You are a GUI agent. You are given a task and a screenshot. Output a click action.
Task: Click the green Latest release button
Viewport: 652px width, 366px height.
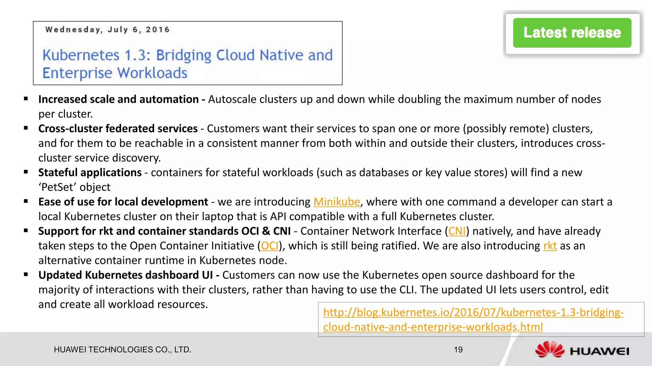572,33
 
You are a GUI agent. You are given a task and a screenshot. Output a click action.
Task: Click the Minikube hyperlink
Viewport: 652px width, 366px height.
337,202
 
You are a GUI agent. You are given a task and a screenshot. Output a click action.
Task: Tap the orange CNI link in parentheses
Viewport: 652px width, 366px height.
457,231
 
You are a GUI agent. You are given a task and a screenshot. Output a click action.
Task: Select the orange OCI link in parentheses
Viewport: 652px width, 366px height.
270,246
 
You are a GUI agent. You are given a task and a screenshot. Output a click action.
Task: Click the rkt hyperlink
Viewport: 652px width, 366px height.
550,246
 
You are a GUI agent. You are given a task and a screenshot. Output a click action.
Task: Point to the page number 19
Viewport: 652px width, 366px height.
458,350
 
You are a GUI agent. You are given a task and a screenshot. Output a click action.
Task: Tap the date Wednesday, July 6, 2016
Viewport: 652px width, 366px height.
107,30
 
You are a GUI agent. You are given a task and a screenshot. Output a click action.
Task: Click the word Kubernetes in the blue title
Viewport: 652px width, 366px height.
81,55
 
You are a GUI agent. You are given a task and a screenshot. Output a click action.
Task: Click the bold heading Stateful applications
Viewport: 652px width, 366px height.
90,173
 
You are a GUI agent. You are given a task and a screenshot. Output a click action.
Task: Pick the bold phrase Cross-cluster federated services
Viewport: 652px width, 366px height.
118,129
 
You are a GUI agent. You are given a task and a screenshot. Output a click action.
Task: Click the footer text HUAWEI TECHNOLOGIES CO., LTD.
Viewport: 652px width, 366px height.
123,350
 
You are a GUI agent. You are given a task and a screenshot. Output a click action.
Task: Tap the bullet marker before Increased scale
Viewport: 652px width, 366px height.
26,99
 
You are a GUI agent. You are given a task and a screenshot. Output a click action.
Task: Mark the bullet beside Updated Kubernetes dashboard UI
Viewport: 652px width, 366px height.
26,274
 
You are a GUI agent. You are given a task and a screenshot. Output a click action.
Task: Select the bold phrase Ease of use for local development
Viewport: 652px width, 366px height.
123,202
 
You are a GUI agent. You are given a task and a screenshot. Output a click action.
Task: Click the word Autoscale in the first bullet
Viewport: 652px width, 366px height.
232,100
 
